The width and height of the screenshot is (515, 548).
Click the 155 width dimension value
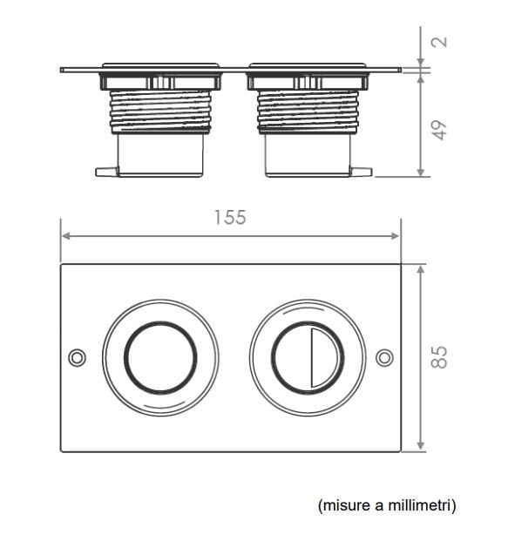[x=230, y=218]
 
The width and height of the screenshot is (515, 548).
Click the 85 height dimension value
[x=440, y=356]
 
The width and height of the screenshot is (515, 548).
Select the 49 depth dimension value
[x=440, y=128]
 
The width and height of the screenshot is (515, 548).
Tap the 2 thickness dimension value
[x=440, y=42]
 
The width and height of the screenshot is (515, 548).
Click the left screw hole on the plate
[x=77, y=357]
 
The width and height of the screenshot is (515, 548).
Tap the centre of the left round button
[x=160, y=357]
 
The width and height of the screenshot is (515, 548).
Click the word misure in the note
[x=338, y=504]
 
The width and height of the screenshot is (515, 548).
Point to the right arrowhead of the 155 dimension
[x=396, y=235]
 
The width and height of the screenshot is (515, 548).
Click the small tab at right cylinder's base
[x=361, y=171]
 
